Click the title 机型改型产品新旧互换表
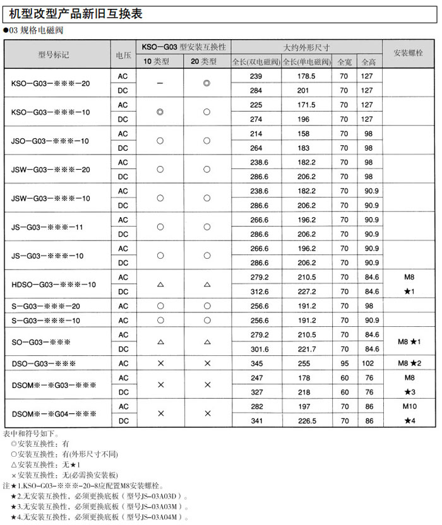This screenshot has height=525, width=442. click(x=85, y=15)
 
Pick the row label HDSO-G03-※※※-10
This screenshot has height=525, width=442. click(x=54, y=285)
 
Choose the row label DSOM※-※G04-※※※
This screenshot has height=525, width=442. click(x=54, y=414)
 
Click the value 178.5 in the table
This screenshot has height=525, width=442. click(x=306, y=76)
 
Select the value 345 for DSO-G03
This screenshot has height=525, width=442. click(x=256, y=363)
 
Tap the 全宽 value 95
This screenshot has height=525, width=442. click(x=344, y=363)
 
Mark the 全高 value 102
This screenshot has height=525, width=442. click(x=368, y=363)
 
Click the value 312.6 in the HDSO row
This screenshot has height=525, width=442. click(x=256, y=292)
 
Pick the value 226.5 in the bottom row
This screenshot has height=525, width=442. click(x=306, y=421)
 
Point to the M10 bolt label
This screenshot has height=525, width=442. click(x=409, y=406)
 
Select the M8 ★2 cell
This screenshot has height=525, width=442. click(x=409, y=363)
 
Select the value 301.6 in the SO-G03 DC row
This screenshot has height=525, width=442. click(x=256, y=349)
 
